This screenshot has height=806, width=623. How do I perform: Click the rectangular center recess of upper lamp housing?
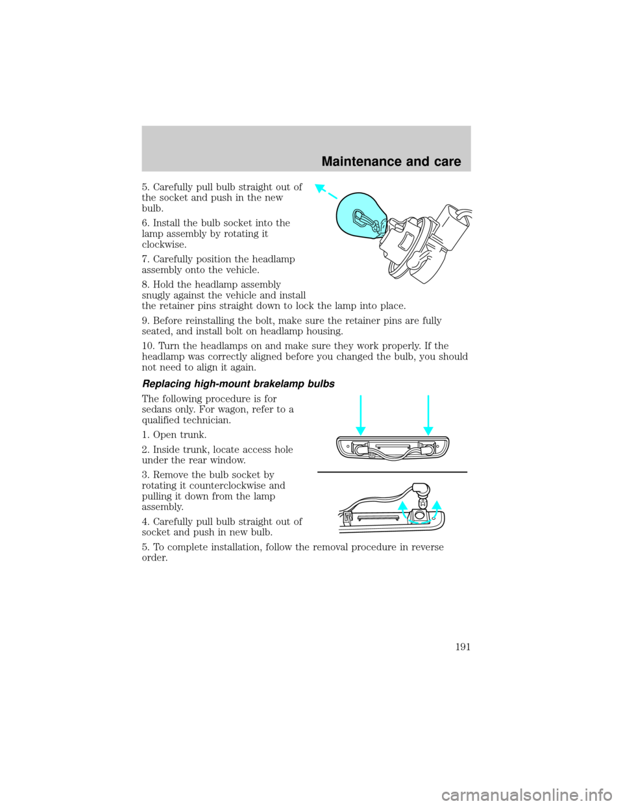pos(393,448)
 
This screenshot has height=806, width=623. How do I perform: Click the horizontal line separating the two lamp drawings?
pos(392,472)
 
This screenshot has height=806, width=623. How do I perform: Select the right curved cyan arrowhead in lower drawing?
pos(436,506)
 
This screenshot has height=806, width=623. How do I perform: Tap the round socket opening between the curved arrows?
pos(419,515)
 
